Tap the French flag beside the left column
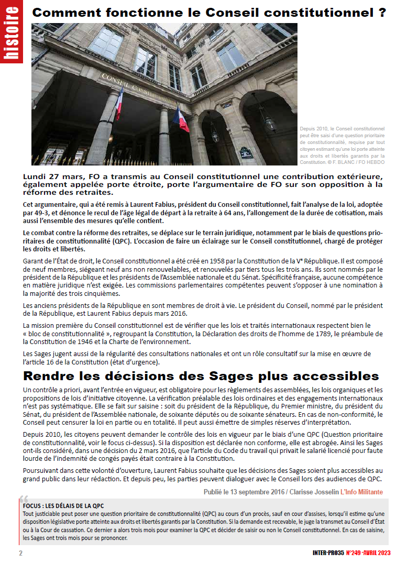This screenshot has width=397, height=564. (119, 103)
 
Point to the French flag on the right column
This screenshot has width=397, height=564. (181, 120)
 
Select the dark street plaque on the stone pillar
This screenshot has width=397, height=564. (245, 153)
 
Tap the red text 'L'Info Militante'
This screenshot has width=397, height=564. (361, 492)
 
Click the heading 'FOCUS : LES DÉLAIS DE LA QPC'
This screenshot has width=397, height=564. (63, 506)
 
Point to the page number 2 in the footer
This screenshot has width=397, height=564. (20, 554)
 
